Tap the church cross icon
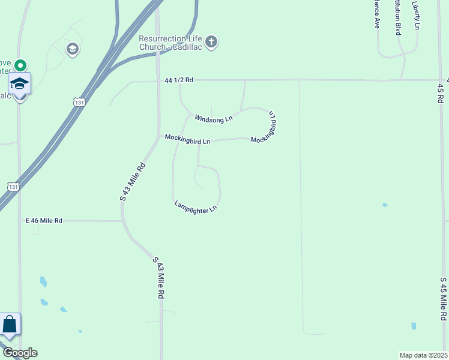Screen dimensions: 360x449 (x=211, y=42)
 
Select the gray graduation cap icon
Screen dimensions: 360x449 (x=73, y=49)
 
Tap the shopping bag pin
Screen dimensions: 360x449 (x=10, y=326)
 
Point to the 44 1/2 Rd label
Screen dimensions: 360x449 (x=179, y=80)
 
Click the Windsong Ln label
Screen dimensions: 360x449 (x=213, y=118)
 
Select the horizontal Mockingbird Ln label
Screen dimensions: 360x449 (x=188, y=139)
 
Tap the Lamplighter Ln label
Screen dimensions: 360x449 (x=195, y=207)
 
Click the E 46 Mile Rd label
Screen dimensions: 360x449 (x=44, y=221)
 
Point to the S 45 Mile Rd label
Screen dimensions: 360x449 (x=444, y=298)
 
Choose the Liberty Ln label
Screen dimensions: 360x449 (x=416, y=15)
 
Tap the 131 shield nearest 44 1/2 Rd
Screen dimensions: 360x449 (x=79, y=103)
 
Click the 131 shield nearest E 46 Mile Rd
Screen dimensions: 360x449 (x=12, y=187)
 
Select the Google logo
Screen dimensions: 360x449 (x=19, y=352)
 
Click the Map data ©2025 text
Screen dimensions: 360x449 (x=423, y=355)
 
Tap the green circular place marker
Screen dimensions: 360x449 (x=20, y=65)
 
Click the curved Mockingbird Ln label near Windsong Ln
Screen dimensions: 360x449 (x=267, y=127)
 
